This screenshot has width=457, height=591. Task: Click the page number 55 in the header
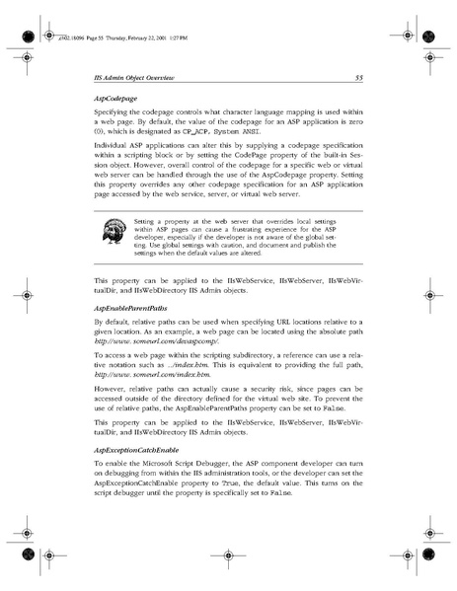point(361,76)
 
